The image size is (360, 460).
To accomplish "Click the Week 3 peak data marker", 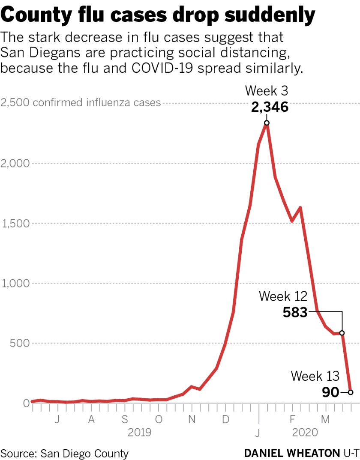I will [267, 123].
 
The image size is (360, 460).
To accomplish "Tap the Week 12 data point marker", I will [342, 333].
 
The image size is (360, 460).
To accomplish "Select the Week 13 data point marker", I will [351, 392].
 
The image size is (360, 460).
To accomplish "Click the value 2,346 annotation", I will [270, 107].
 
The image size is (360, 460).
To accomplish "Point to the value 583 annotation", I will [295, 313].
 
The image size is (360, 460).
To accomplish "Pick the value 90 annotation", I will [330, 392].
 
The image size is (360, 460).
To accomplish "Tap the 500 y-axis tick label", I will [11, 343].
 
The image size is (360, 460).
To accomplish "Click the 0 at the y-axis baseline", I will [3, 403].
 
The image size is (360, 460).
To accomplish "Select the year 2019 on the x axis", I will [140, 432].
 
